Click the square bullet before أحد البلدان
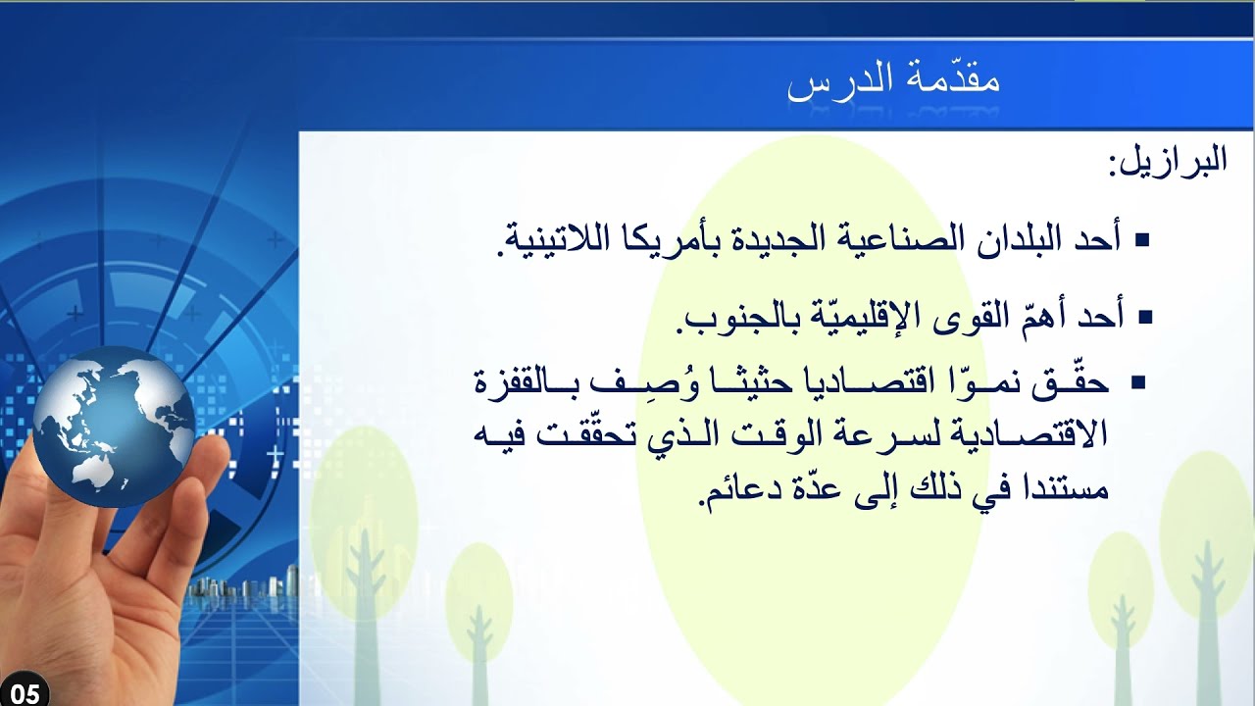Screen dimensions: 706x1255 click(1141, 239)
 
